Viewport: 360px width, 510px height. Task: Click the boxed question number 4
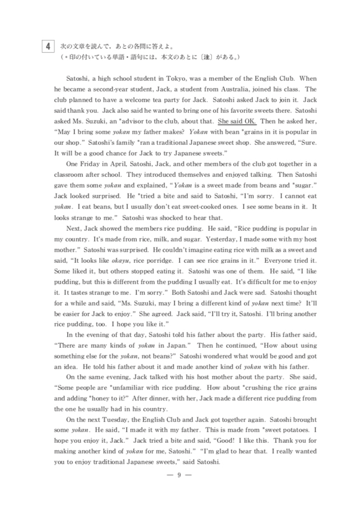pyautogui.click(x=48, y=47)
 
